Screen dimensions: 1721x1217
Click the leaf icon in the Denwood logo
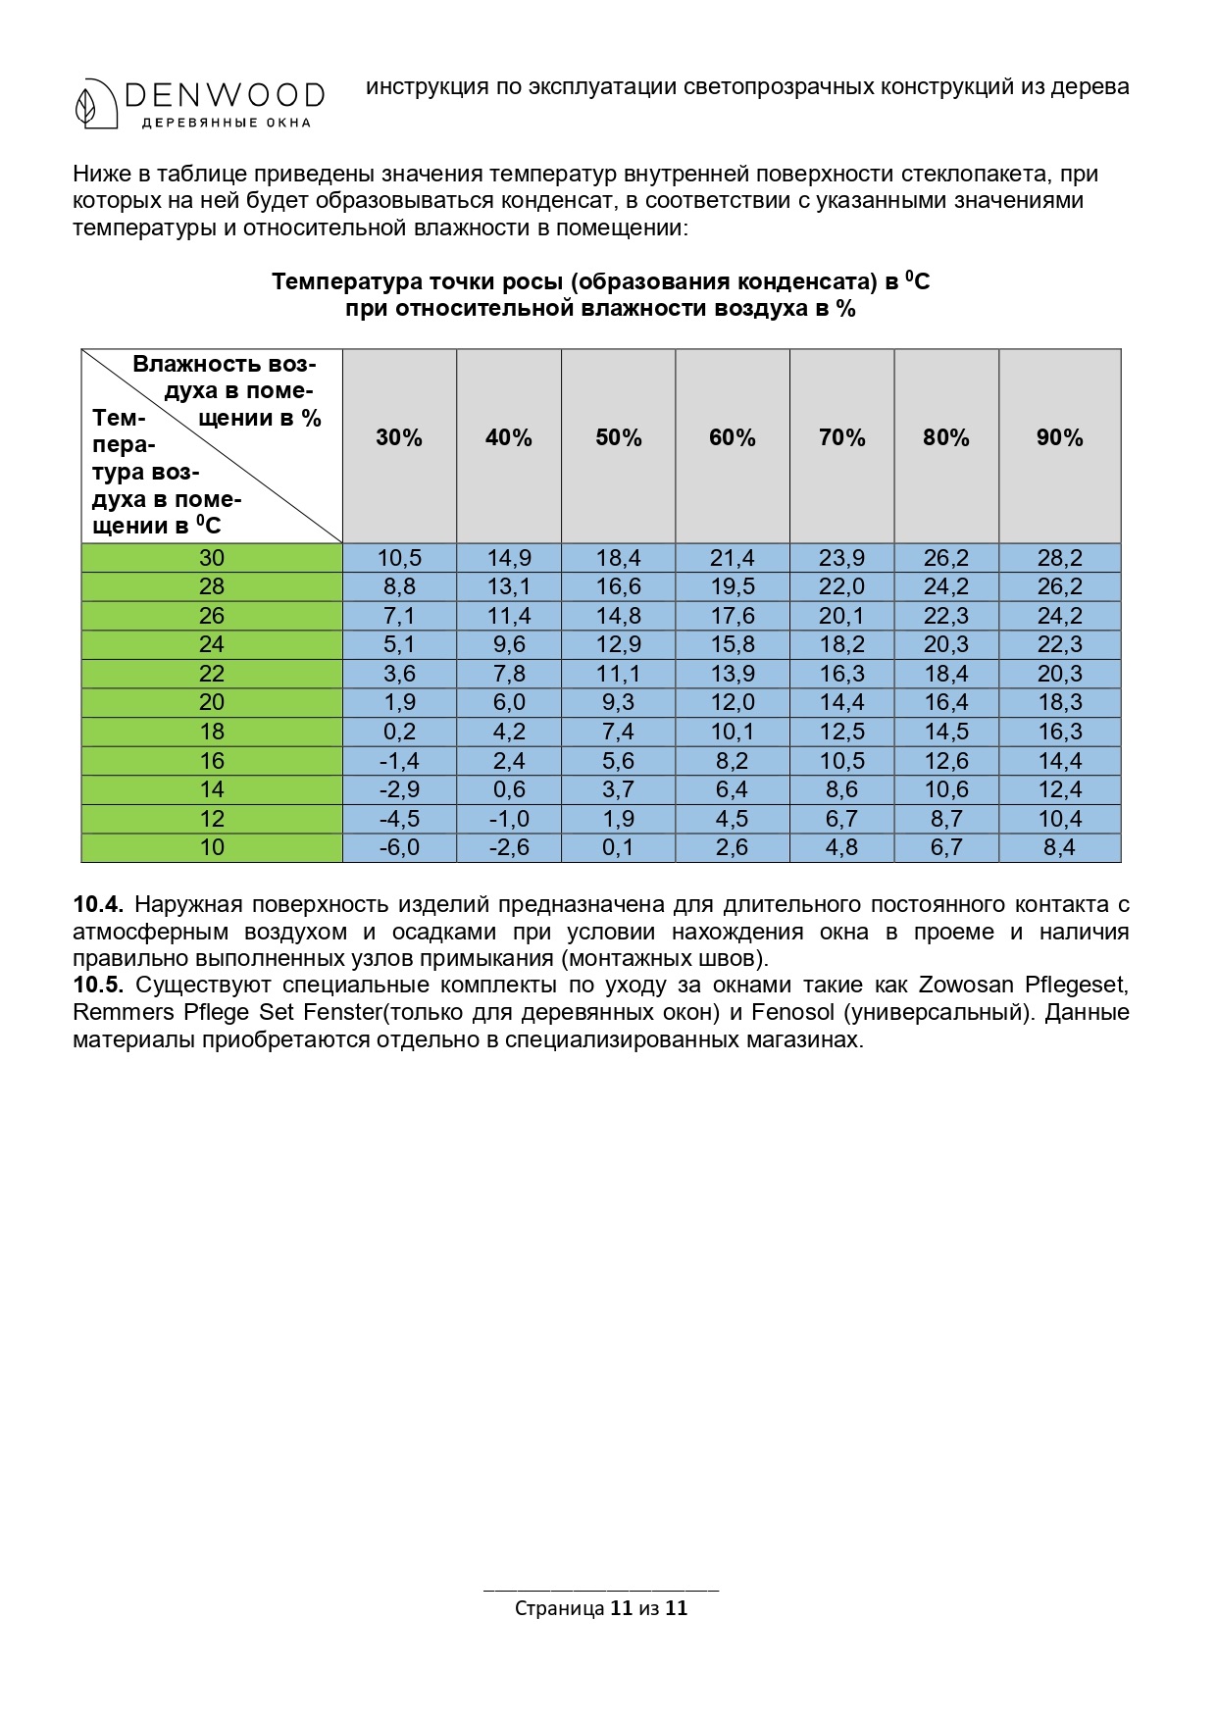click(87, 103)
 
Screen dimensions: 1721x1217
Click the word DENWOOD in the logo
click(225, 95)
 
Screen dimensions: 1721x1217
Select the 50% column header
click(619, 438)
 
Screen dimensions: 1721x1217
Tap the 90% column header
click(1059, 438)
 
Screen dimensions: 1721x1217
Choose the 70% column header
click(841, 438)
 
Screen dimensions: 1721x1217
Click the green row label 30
click(212, 558)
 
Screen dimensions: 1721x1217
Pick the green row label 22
click(212, 674)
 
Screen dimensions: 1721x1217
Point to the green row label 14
click(212, 789)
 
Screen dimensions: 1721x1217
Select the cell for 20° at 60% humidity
click(733, 702)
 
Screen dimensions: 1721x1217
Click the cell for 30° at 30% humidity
click(399, 558)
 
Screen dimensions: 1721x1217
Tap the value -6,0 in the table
click(399, 847)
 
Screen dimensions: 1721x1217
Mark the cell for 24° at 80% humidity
click(946, 644)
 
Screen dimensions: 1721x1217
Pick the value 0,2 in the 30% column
click(399, 732)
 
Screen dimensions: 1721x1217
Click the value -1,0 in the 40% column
click(509, 819)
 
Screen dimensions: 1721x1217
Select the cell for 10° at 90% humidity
click(1059, 847)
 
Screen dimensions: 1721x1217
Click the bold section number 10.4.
click(97, 904)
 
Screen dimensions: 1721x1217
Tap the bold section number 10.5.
click(97, 985)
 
